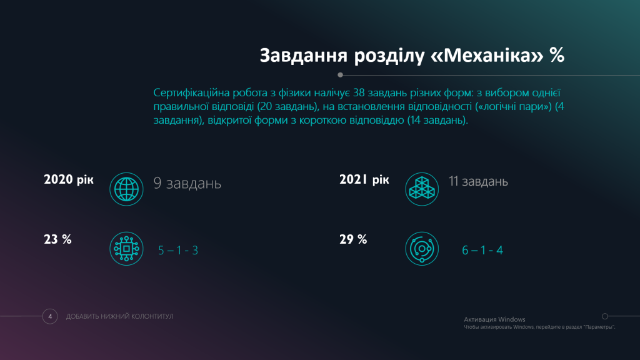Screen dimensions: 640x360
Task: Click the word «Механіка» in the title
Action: click(487, 55)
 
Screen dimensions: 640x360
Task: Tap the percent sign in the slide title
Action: click(557, 55)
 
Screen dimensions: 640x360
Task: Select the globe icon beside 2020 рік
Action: click(126, 189)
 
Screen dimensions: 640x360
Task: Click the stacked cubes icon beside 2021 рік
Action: click(422, 189)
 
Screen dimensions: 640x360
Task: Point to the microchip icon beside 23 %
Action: click(126, 249)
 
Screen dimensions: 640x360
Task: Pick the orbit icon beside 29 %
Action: click(422, 249)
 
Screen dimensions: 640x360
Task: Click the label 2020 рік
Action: click(69, 179)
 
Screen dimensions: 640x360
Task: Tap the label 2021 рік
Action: click(364, 179)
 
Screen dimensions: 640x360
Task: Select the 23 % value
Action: click(57, 239)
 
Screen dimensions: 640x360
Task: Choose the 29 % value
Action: click(353, 239)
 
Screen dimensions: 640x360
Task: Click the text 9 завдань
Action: click(187, 183)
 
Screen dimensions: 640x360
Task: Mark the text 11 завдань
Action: click(478, 181)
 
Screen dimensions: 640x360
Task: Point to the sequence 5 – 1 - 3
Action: click(178, 250)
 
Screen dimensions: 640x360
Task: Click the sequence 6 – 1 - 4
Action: click(482, 250)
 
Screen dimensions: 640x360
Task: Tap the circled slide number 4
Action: click(50, 316)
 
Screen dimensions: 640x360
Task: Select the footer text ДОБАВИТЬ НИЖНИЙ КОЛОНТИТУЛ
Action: click(119, 316)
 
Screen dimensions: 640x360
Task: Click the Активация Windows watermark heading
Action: click(495, 319)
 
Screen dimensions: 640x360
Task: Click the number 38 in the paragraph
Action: click(359, 93)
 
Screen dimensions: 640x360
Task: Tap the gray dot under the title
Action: click(341, 75)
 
